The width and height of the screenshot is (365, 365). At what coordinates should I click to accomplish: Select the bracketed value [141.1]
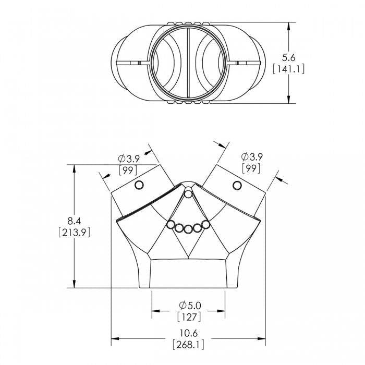tap(288, 69)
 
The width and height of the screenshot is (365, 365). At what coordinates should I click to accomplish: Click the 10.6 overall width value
tap(189, 333)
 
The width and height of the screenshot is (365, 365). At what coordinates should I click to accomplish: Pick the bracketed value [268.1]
tap(189, 344)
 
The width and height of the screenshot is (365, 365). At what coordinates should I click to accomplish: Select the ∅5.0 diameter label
tap(189, 305)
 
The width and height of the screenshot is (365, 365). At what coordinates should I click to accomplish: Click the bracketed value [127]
tap(189, 316)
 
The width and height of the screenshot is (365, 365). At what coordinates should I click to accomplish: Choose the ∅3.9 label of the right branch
tap(251, 156)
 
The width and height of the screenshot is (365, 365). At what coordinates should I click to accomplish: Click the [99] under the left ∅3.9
tap(128, 170)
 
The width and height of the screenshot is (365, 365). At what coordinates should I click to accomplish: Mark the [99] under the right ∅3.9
tap(251, 167)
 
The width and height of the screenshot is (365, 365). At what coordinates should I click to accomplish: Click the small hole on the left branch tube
tap(139, 185)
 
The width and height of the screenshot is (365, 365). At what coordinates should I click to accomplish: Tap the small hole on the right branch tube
tap(237, 185)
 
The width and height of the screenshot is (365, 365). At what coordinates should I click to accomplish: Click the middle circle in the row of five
tap(188, 228)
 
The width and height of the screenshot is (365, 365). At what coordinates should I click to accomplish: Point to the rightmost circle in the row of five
tap(205, 224)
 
